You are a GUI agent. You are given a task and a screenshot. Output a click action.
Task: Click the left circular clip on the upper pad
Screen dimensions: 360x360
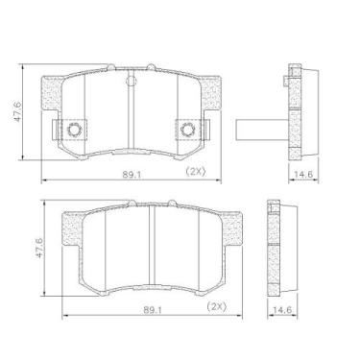tap(74, 130)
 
